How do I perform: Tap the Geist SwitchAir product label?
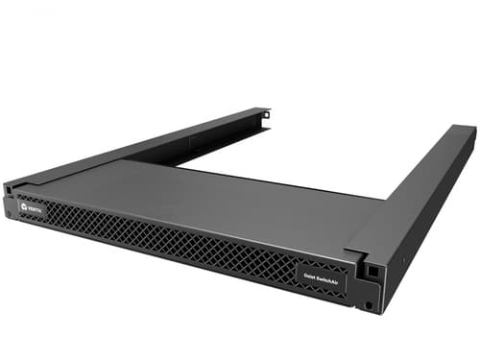pos(320,275)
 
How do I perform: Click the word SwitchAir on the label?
pos(325,276)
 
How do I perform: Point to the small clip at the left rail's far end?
pos(265,114)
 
